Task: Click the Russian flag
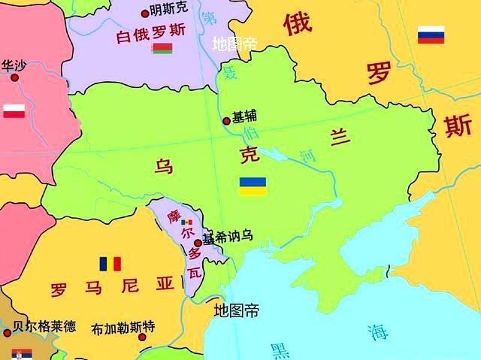click(431, 35)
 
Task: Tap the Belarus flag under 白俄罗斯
click(162, 49)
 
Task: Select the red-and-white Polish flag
click(14, 111)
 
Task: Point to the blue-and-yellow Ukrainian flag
click(253, 186)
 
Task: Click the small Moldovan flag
click(186, 222)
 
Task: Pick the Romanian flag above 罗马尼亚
click(110, 264)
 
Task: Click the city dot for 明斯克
click(145, 13)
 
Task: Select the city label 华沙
click(13, 65)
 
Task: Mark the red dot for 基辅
click(226, 120)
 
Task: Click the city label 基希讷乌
click(227, 236)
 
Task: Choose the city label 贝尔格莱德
click(45, 326)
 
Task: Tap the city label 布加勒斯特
click(123, 328)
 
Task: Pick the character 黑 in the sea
click(280, 350)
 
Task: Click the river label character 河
click(307, 156)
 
